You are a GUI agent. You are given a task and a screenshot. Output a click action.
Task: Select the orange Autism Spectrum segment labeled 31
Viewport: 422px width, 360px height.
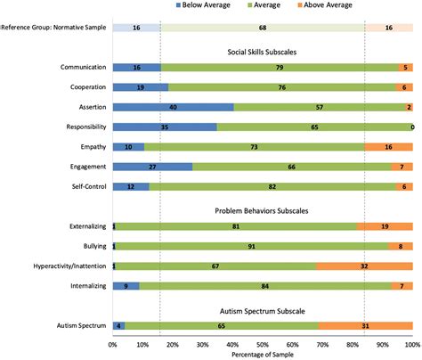(365, 326)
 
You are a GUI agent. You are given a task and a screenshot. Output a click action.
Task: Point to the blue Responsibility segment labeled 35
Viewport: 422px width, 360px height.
(165, 127)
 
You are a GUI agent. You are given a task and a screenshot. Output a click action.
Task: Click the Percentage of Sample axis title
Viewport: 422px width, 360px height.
(263, 354)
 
